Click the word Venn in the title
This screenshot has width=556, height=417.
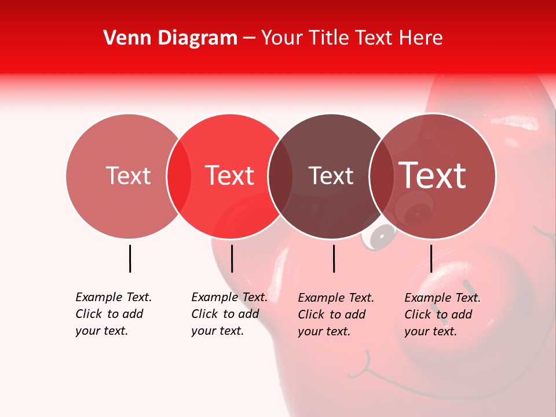(125, 38)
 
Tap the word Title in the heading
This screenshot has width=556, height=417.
(329, 38)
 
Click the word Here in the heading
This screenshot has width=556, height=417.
(422, 38)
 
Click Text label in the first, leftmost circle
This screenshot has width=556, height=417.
(128, 175)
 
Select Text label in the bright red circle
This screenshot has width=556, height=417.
(229, 175)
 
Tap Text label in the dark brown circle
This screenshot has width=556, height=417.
(331, 175)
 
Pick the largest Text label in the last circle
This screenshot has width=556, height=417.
(433, 175)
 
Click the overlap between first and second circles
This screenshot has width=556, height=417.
(179, 176)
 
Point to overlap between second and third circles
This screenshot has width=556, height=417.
(280, 176)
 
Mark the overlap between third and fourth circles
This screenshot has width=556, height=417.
(382, 176)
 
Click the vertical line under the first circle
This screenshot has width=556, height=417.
(130, 258)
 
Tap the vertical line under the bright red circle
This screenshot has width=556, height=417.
(232, 258)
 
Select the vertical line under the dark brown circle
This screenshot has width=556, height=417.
(334, 258)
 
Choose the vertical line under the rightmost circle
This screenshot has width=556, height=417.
(431, 258)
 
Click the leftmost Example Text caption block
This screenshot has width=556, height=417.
(113, 314)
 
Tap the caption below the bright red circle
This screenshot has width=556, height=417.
(229, 314)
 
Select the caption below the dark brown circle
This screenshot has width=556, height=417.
(335, 314)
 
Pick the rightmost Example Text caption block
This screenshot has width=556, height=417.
(442, 314)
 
